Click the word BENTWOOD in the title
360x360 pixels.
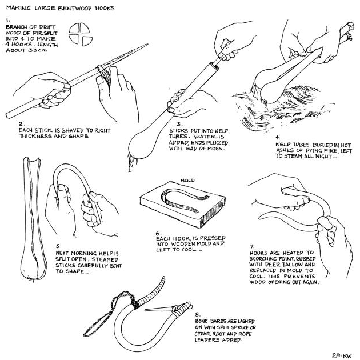[75, 8]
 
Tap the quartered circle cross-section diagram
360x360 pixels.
[81, 34]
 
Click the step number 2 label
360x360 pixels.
[21, 124]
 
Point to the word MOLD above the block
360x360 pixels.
[187, 181]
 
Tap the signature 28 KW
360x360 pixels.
[342, 355]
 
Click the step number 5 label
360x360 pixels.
[58, 246]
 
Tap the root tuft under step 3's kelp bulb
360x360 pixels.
[132, 163]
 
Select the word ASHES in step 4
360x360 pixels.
[285, 150]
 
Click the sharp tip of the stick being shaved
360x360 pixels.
[147, 45]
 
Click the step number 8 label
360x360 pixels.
[198, 314]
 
